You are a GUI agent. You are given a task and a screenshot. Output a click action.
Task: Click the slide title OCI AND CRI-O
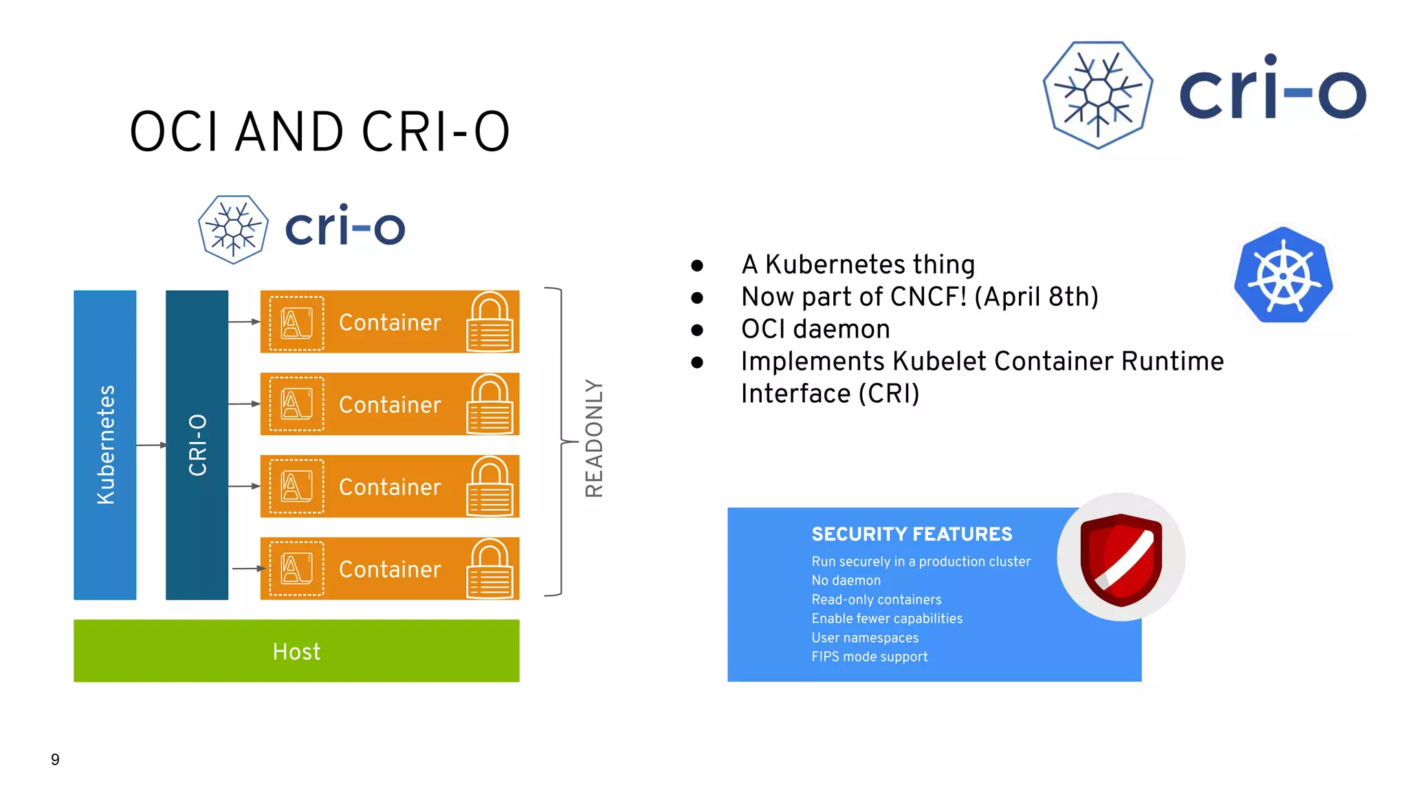(x=320, y=131)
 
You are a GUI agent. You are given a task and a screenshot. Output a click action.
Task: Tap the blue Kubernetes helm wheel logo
(x=1283, y=276)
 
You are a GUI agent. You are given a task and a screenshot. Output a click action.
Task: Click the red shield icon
(x=1121, y=559)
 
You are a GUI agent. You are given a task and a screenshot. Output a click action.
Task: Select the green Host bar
(x=296, y=650)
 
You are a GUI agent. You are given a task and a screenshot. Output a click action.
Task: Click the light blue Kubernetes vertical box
(x=104, y=445)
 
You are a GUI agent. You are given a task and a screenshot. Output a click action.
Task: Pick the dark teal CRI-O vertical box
(x=197, y=445)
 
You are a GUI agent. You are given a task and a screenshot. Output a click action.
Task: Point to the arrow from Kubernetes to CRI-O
(x=151, y=445)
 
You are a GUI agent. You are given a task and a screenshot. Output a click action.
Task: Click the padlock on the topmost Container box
(x=489, y=322)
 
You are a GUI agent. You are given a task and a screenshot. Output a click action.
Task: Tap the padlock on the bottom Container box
(x=489, y=569)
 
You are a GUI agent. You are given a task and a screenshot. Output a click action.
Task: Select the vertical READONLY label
(x=594, y=438)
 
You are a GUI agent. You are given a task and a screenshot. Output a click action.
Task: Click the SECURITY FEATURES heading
(x=912, y=534)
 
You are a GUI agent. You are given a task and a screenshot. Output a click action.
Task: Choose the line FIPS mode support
(x=869, y=657)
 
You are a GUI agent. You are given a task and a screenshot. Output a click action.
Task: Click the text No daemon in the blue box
(x=846, y=580)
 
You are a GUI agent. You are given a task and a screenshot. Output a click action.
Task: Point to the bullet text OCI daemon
(x=815, y=329)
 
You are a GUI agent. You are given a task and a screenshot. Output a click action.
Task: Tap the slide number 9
(x=55, y=759)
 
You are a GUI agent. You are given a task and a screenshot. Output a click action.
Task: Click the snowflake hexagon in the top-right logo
(x=1098, y=95)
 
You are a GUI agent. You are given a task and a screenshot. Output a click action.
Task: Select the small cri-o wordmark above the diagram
(x=344, y=227)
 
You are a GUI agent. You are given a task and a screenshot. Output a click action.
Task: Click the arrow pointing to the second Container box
(x=244, y=404)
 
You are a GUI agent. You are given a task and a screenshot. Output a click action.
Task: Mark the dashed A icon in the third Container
(x=296, y=486)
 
